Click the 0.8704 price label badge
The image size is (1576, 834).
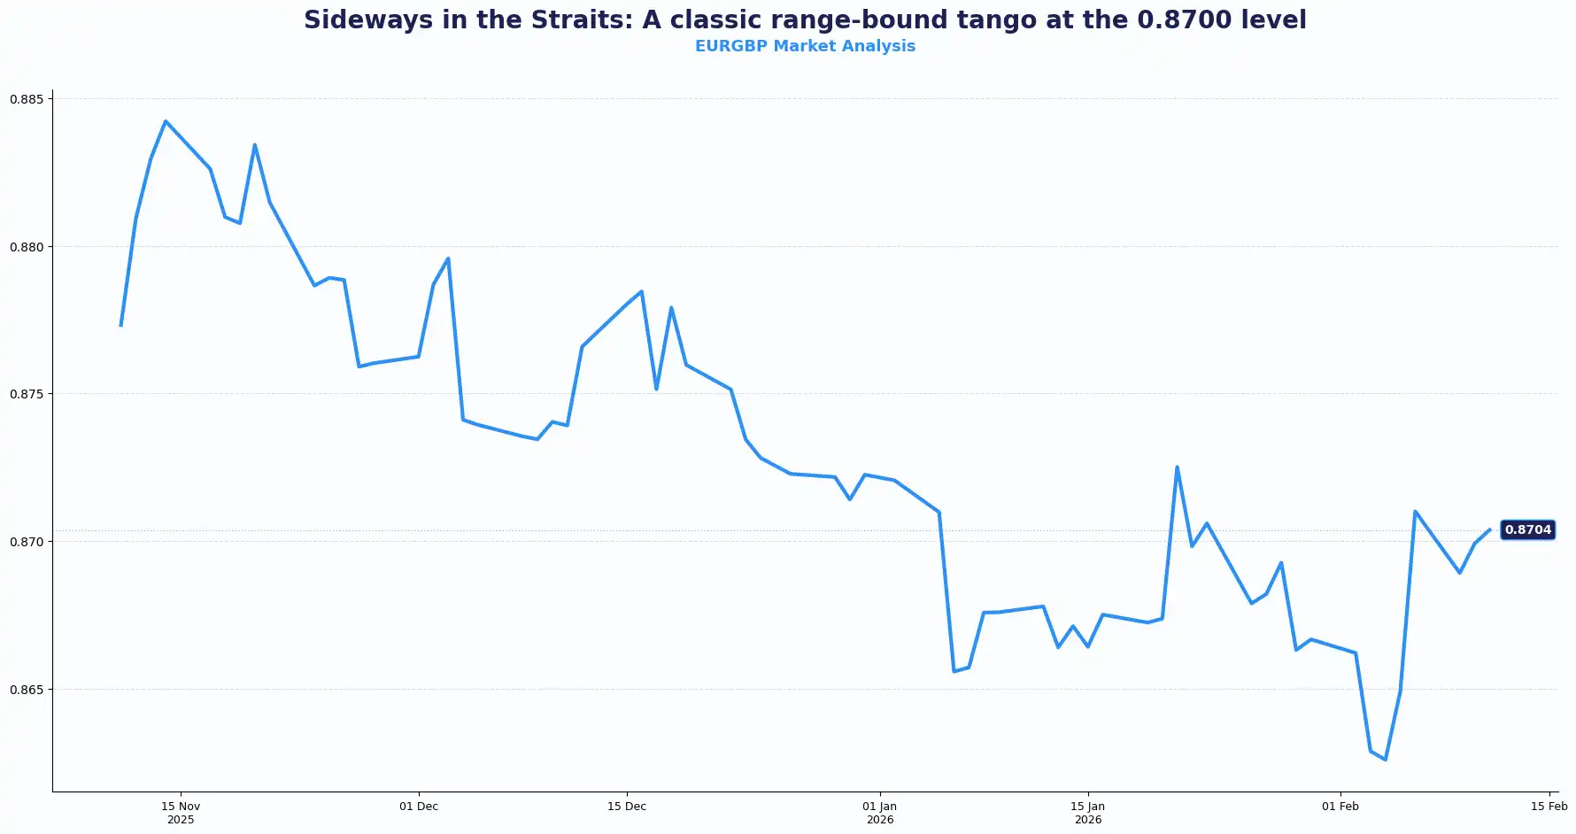1527,530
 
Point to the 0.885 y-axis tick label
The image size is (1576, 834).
26,99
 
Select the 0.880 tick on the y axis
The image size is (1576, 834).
26,247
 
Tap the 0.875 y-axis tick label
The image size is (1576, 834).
26,394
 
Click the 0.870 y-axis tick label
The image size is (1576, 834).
26,542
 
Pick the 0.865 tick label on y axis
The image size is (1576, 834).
26,690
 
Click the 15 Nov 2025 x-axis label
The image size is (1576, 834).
181,813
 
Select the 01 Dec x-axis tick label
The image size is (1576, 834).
419,807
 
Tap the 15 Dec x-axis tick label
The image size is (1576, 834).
627,807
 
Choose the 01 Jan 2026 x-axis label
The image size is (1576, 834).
880,813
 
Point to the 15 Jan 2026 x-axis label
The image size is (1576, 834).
1088,813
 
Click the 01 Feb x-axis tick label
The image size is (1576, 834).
1340,807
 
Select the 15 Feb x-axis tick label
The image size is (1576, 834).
1549,807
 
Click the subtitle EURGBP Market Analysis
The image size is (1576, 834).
805,46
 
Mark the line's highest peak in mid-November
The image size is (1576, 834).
166,121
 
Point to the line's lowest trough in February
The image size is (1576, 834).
1386,760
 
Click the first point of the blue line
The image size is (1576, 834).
121,325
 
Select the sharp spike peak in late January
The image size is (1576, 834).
1177,467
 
